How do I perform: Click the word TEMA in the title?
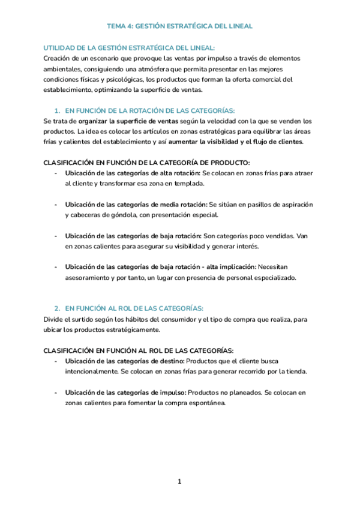116,26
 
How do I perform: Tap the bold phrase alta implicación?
230,267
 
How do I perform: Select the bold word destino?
172,361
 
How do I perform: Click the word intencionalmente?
91,371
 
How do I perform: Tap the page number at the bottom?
179,481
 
